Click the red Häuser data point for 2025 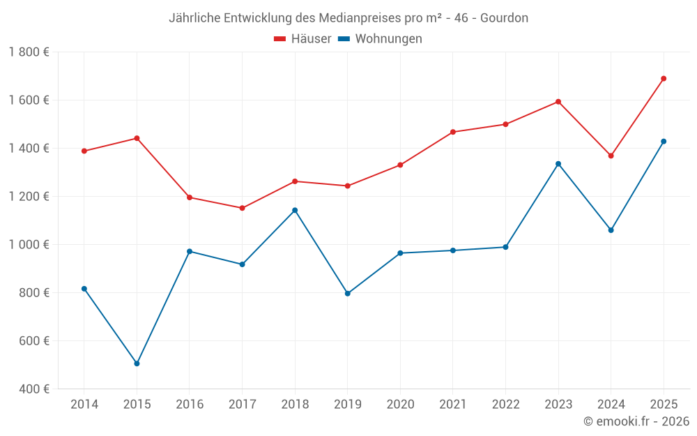coord(664,79)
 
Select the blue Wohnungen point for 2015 coord(137,363)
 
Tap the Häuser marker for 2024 coord(611,156)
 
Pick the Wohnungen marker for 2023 coord(558,164)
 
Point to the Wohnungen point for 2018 coord(295,210)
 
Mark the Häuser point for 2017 coord(242,208)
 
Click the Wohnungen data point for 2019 coord(347,294)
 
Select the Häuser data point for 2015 coord(137,138)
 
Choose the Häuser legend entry coord(302,39)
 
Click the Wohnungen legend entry coord(381,39)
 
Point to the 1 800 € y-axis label coord(29,52)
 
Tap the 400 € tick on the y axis coord(33,389)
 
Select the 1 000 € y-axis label coord(29,244)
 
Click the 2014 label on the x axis coord(84,405)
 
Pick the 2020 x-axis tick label coord(400,405)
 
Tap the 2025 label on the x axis coord(664,405)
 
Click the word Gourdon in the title coord(504,17)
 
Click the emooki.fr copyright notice coord(636,421)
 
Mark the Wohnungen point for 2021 coord(453,250)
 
